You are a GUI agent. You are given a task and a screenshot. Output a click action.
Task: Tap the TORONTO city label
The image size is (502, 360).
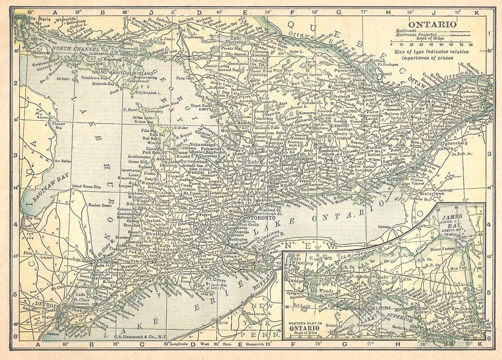pos(264,218)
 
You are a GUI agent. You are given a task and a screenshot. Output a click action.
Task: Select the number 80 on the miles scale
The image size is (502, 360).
pos(471,45)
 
